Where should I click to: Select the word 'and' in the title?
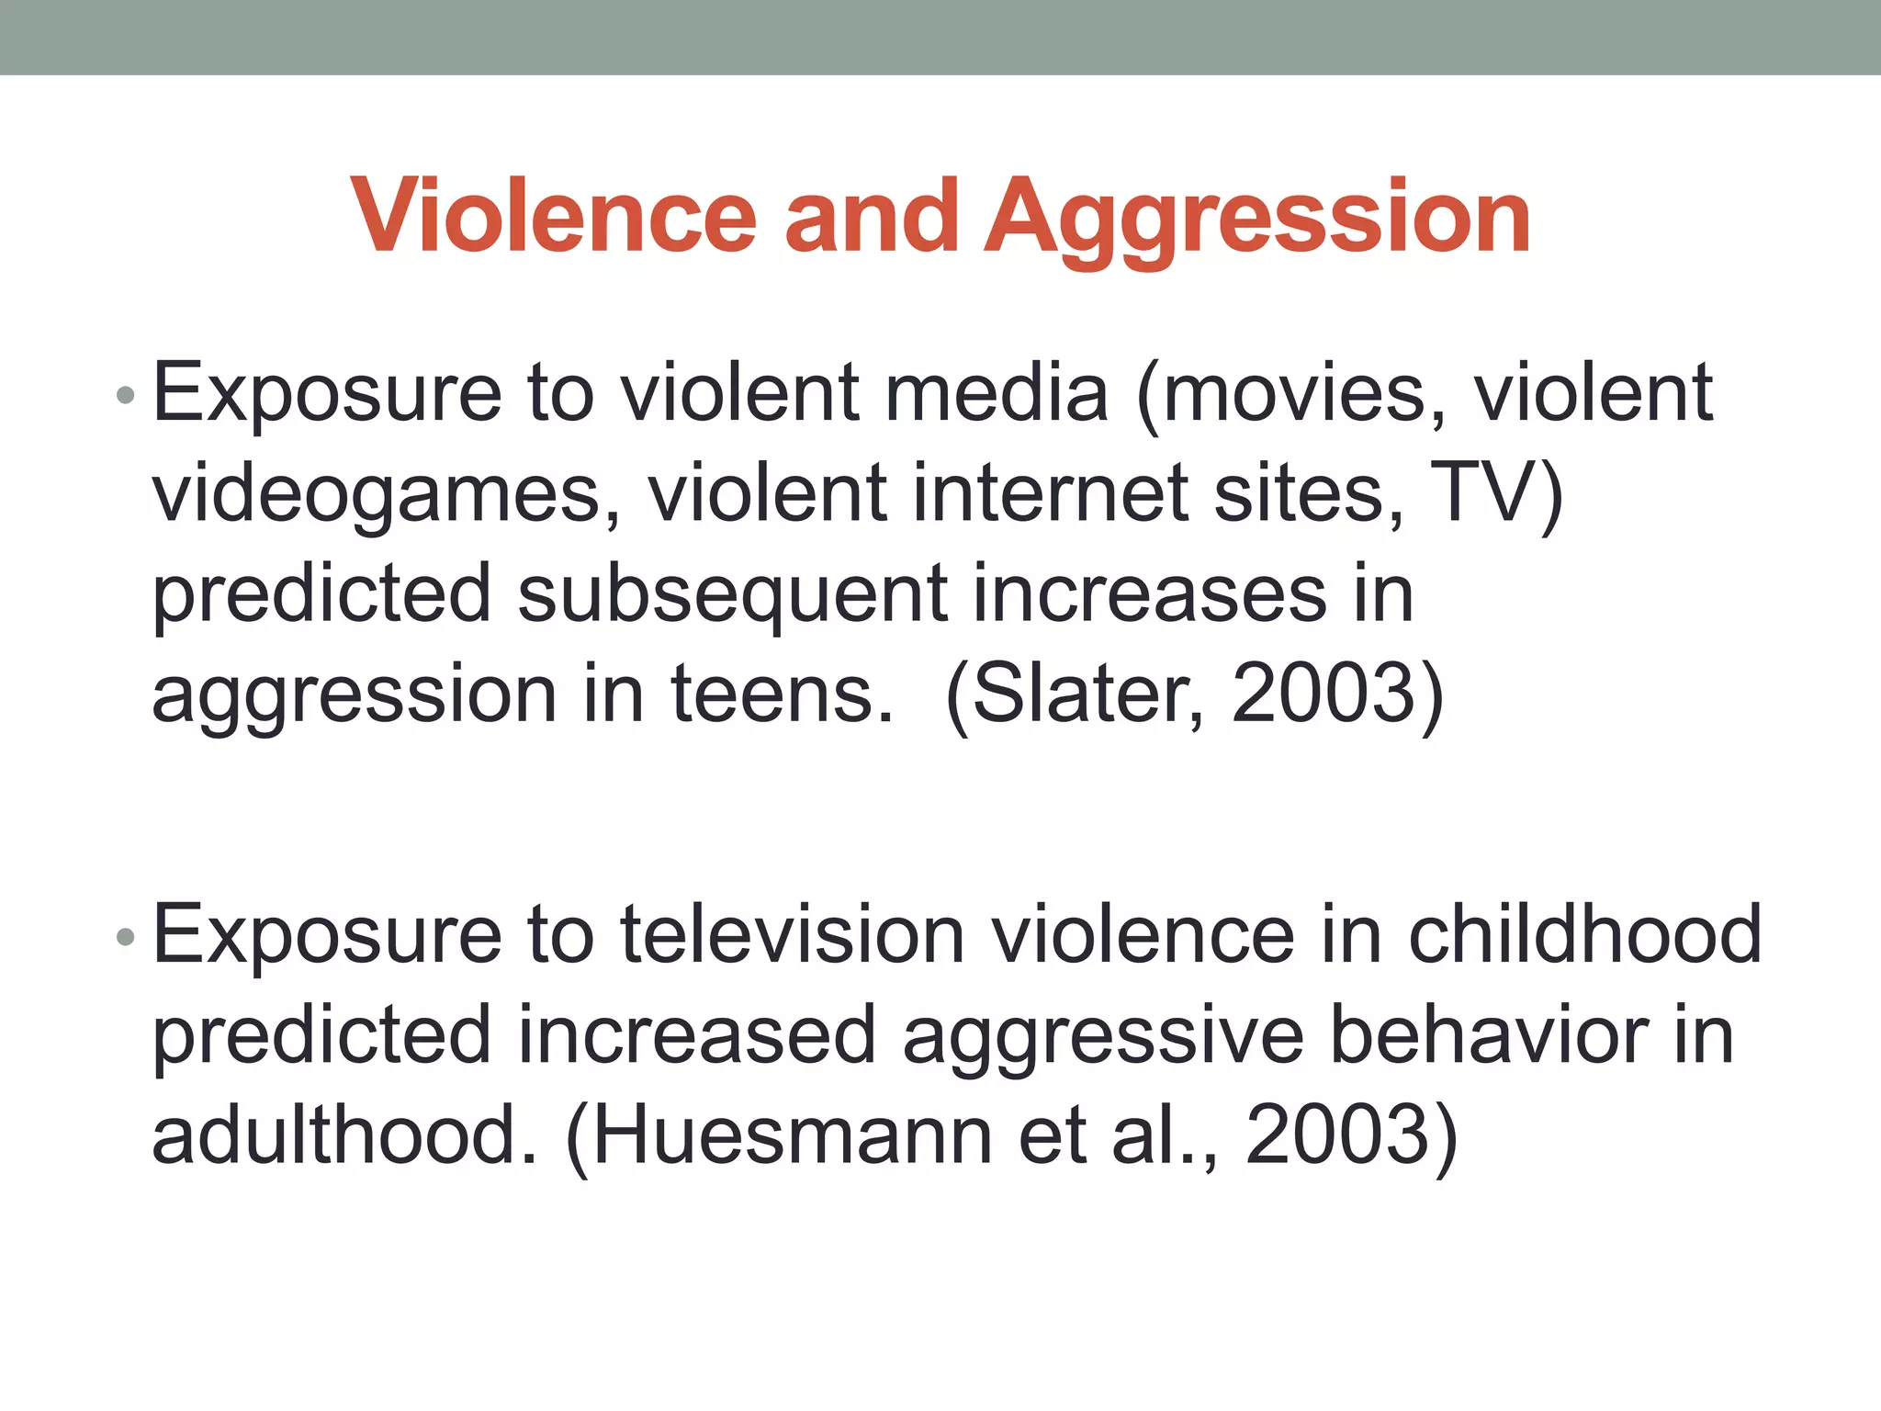coord(872,217)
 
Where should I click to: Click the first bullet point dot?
coord(126,397)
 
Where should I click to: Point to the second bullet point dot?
coord(126,938)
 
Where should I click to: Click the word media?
coord(996,393)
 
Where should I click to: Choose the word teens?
coord(781,694)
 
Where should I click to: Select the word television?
coord(793,935)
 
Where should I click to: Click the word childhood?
coord(1584,935)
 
